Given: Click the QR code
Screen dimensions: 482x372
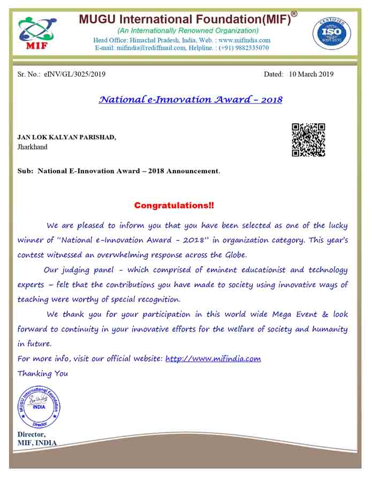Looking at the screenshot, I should pyautogui.click(x=308, y=140).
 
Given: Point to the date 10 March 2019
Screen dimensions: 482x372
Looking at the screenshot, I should pyautogui.click(x=311, y=74).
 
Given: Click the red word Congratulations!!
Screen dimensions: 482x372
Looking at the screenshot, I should pyautogui.click(x=174, y=205).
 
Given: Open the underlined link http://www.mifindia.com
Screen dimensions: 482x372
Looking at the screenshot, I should pyautogui.click(x=213, y=359).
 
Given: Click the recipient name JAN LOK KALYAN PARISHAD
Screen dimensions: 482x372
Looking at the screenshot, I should pyautogui.click(x=67, y=137).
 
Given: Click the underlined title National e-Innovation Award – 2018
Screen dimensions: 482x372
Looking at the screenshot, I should pyautogui.click(x=191, y=100).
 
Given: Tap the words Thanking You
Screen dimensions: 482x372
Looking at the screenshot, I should pyautogui.click(x=43, y=373).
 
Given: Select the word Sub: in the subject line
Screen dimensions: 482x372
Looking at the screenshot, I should pyautogui.click(x=26, y=171).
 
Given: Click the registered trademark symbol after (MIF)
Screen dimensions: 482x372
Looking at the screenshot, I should pyautogui.click(x=294, y=14).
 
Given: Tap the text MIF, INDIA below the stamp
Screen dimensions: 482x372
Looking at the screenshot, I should pyautogui.click(x=37, y=443).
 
